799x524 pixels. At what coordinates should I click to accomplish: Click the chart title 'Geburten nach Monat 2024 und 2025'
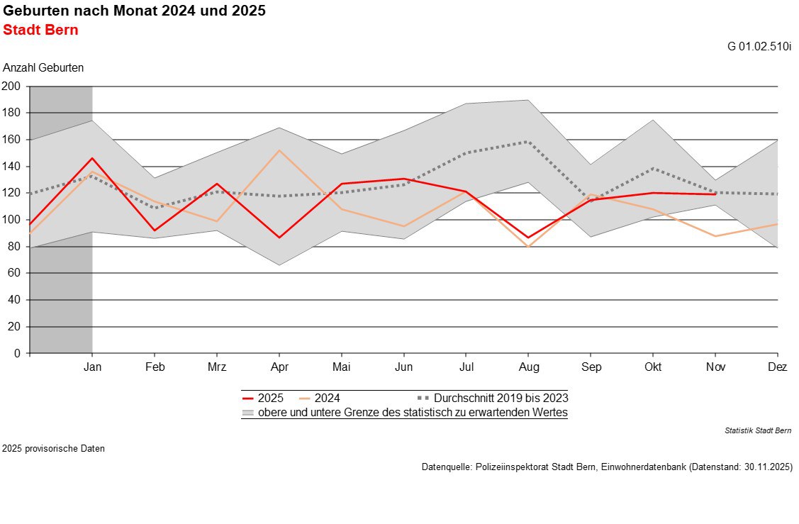point(135,12)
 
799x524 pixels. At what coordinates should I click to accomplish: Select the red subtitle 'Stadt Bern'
point(40,30)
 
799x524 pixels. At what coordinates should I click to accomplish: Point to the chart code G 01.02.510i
point(759,47)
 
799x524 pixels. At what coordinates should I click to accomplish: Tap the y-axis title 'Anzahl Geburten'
point(43,68)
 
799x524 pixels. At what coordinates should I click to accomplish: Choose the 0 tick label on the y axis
point(18,353)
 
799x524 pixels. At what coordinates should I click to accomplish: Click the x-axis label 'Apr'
point(279,367)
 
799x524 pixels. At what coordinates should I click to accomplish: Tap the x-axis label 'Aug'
point(528,367)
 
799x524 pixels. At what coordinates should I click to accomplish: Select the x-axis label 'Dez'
point(778,367)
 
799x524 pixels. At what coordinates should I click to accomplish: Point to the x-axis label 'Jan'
point(92,367)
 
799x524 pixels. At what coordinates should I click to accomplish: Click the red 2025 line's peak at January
point(92,158)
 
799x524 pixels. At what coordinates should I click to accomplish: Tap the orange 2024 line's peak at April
point(279,150)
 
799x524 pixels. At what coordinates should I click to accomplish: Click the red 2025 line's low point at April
point(279,238)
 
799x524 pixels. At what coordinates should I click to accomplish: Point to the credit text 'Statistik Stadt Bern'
point(758,430)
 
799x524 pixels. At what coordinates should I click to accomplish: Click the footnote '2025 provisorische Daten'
point(53,448)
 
